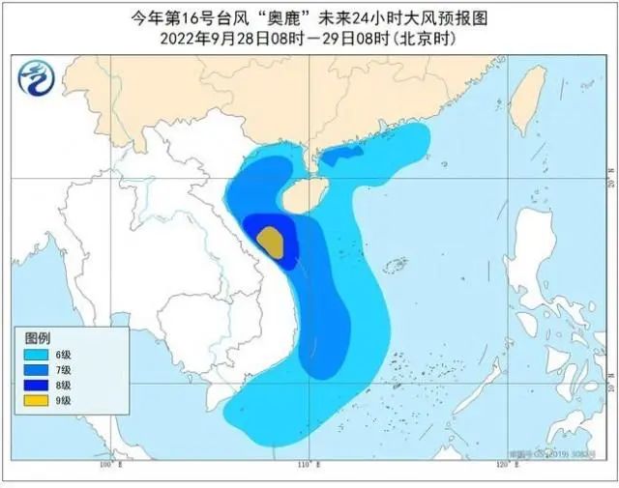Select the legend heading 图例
37,339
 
